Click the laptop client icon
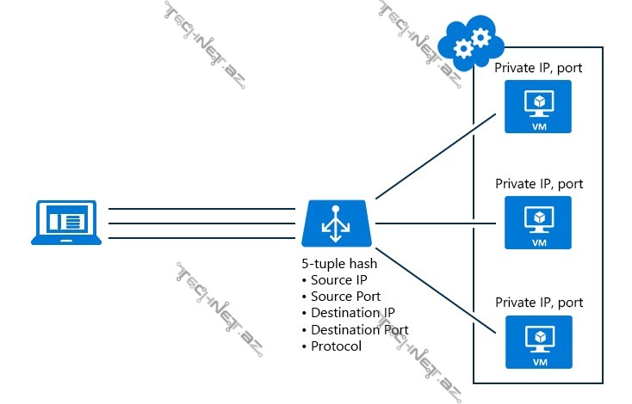pos(66,223)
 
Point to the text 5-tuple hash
pos(339,264)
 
